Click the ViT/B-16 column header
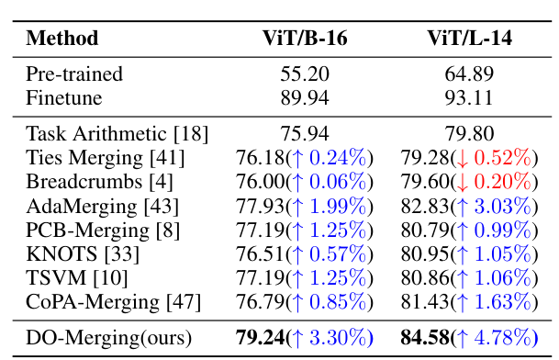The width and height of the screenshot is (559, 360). (305, 39)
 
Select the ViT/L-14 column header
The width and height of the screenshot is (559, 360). (469, 39)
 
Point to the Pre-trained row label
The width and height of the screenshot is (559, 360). (74, 73)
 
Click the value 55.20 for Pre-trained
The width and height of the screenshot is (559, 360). (305, 73)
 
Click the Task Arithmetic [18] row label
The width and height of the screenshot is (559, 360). (105, 132)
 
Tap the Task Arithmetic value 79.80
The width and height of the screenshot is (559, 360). (469, 132)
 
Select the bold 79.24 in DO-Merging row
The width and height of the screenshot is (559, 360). (262, 338)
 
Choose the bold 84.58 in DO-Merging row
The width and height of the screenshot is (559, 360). (425, 338)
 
